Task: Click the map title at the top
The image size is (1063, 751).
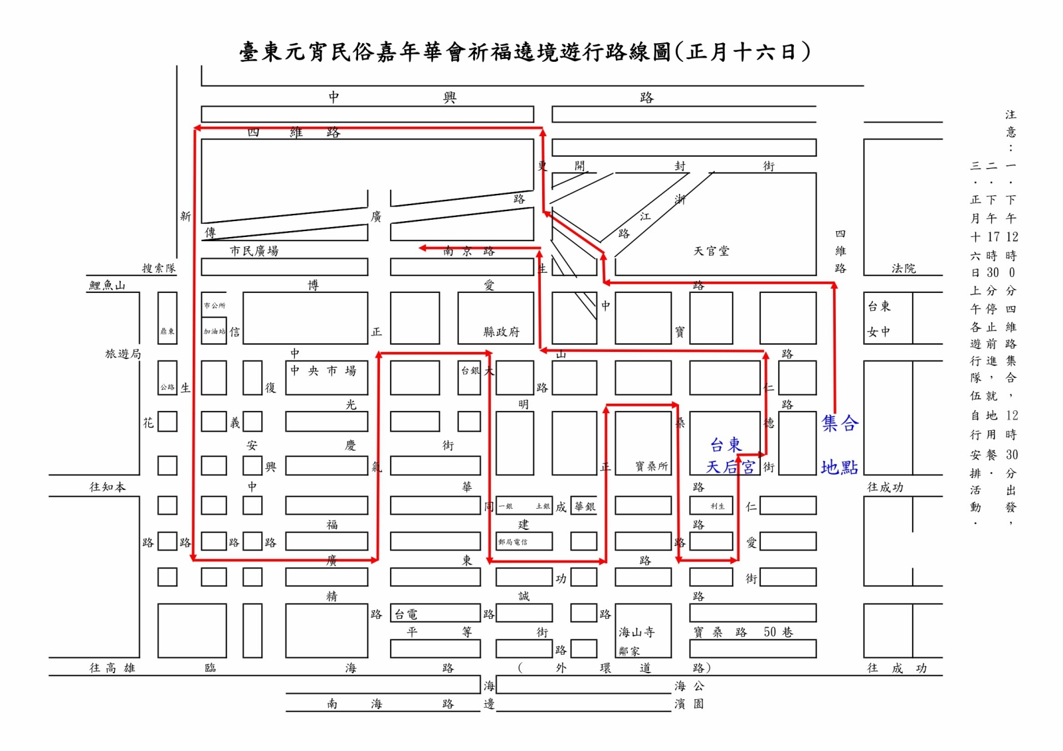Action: click(525, 52)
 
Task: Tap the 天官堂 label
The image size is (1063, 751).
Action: click(711, 251)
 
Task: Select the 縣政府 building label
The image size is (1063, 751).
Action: click(501, 332)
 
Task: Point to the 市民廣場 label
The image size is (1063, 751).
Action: click(254, 251)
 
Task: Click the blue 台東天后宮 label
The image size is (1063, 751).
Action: click(729, 456)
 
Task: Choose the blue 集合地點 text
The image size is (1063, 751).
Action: click(840, 445)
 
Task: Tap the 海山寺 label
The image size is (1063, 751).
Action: click(636, 632)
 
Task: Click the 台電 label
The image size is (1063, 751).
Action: click(406, 614)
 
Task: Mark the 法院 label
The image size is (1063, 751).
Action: click(904, 268)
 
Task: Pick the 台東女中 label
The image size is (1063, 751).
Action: click(879, 319)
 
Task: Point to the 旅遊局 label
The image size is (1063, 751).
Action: click(123, 354)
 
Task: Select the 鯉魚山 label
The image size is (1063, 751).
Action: click(107, 286)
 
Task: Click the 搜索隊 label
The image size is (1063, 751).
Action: click(159, 268)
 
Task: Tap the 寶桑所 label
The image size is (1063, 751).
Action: click(651, 467)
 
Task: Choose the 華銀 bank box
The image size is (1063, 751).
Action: click(584, 507)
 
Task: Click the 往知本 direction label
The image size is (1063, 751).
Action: click(107, 487)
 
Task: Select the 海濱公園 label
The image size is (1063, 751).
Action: click(689, 695)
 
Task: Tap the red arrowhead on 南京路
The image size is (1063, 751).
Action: click(423, 248)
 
